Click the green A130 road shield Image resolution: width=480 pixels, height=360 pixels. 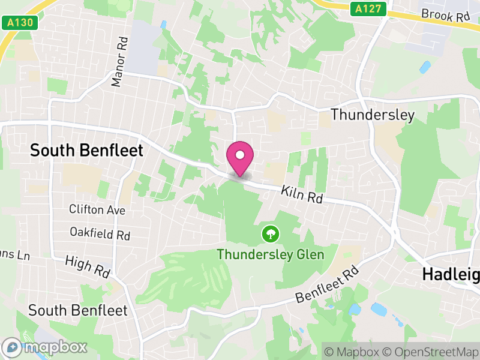pos(20,23)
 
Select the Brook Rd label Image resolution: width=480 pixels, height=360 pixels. pos(445,14)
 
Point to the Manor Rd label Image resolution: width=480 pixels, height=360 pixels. pos(120,62)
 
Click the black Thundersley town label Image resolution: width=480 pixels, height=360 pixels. pos(372,115)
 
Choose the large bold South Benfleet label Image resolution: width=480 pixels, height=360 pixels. pos(87,150)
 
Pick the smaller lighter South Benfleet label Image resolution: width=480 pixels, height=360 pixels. pos(78,310)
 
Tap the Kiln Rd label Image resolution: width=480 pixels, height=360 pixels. pos(301,194)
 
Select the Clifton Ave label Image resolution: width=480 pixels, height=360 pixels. pos(97,210)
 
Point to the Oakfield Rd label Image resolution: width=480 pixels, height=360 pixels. pos(100,233)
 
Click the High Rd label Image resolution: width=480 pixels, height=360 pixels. pos(88,266)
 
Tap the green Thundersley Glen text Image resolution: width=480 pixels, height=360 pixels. pos(270,254)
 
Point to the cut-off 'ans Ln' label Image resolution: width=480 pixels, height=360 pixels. pos(15,255)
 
